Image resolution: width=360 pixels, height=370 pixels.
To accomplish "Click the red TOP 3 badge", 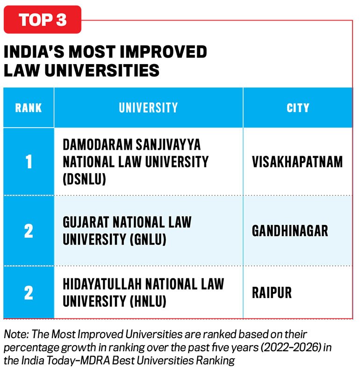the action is (43, 20).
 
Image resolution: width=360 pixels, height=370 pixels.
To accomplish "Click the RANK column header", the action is (29, 108).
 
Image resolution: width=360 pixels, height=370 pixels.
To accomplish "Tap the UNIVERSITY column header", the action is (148, 108).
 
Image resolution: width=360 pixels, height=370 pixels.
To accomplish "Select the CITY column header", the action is (298, 108).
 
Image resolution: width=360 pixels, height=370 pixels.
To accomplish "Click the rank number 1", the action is (29, 162).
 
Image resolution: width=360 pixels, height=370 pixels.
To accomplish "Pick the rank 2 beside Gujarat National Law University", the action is (29, 231).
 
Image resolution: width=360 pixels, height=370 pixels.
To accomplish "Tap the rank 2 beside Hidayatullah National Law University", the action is (29, 293).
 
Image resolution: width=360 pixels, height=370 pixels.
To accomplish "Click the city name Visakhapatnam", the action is (297, 162).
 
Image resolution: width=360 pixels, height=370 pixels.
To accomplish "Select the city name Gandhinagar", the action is (290, 231).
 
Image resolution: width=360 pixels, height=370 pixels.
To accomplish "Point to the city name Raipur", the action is (272, 293).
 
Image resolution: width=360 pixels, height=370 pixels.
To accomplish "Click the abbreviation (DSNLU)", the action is (85, 179).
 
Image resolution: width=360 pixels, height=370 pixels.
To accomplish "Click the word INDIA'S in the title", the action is (34, 51).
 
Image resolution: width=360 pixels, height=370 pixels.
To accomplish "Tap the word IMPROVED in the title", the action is (163, 51).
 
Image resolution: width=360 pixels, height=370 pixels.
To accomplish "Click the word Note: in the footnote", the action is (16, 334).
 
